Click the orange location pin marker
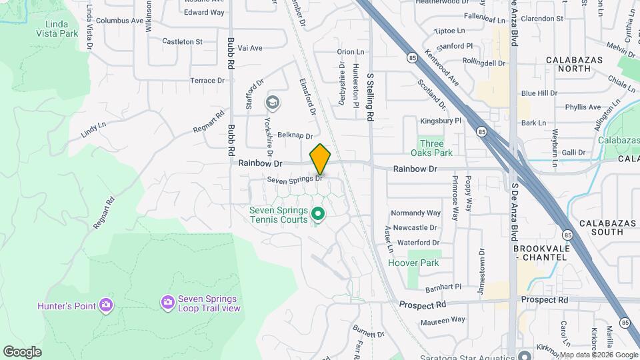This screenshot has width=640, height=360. coord(321,159)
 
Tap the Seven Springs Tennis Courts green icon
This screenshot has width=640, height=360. coord(318,215)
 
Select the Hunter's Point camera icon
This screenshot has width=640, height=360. coord(105,306)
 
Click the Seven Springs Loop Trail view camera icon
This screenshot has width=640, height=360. coord(167,303)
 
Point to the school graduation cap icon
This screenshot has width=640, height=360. coord(272,103)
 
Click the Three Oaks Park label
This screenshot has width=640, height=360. coord(431,148)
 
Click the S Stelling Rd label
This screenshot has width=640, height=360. coord(369,97)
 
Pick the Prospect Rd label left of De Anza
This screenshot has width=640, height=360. coord(423,305)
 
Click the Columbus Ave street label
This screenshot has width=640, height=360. coord(119,21)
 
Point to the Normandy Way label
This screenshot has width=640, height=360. coord(416,213)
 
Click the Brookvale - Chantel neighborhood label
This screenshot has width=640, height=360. coord(541,253)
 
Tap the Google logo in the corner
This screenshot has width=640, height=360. coord(22,352)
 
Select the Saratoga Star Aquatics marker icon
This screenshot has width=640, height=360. coord(525,355)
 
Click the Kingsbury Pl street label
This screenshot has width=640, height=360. coord(441,121)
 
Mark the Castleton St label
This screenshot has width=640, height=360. coord(182,41)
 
